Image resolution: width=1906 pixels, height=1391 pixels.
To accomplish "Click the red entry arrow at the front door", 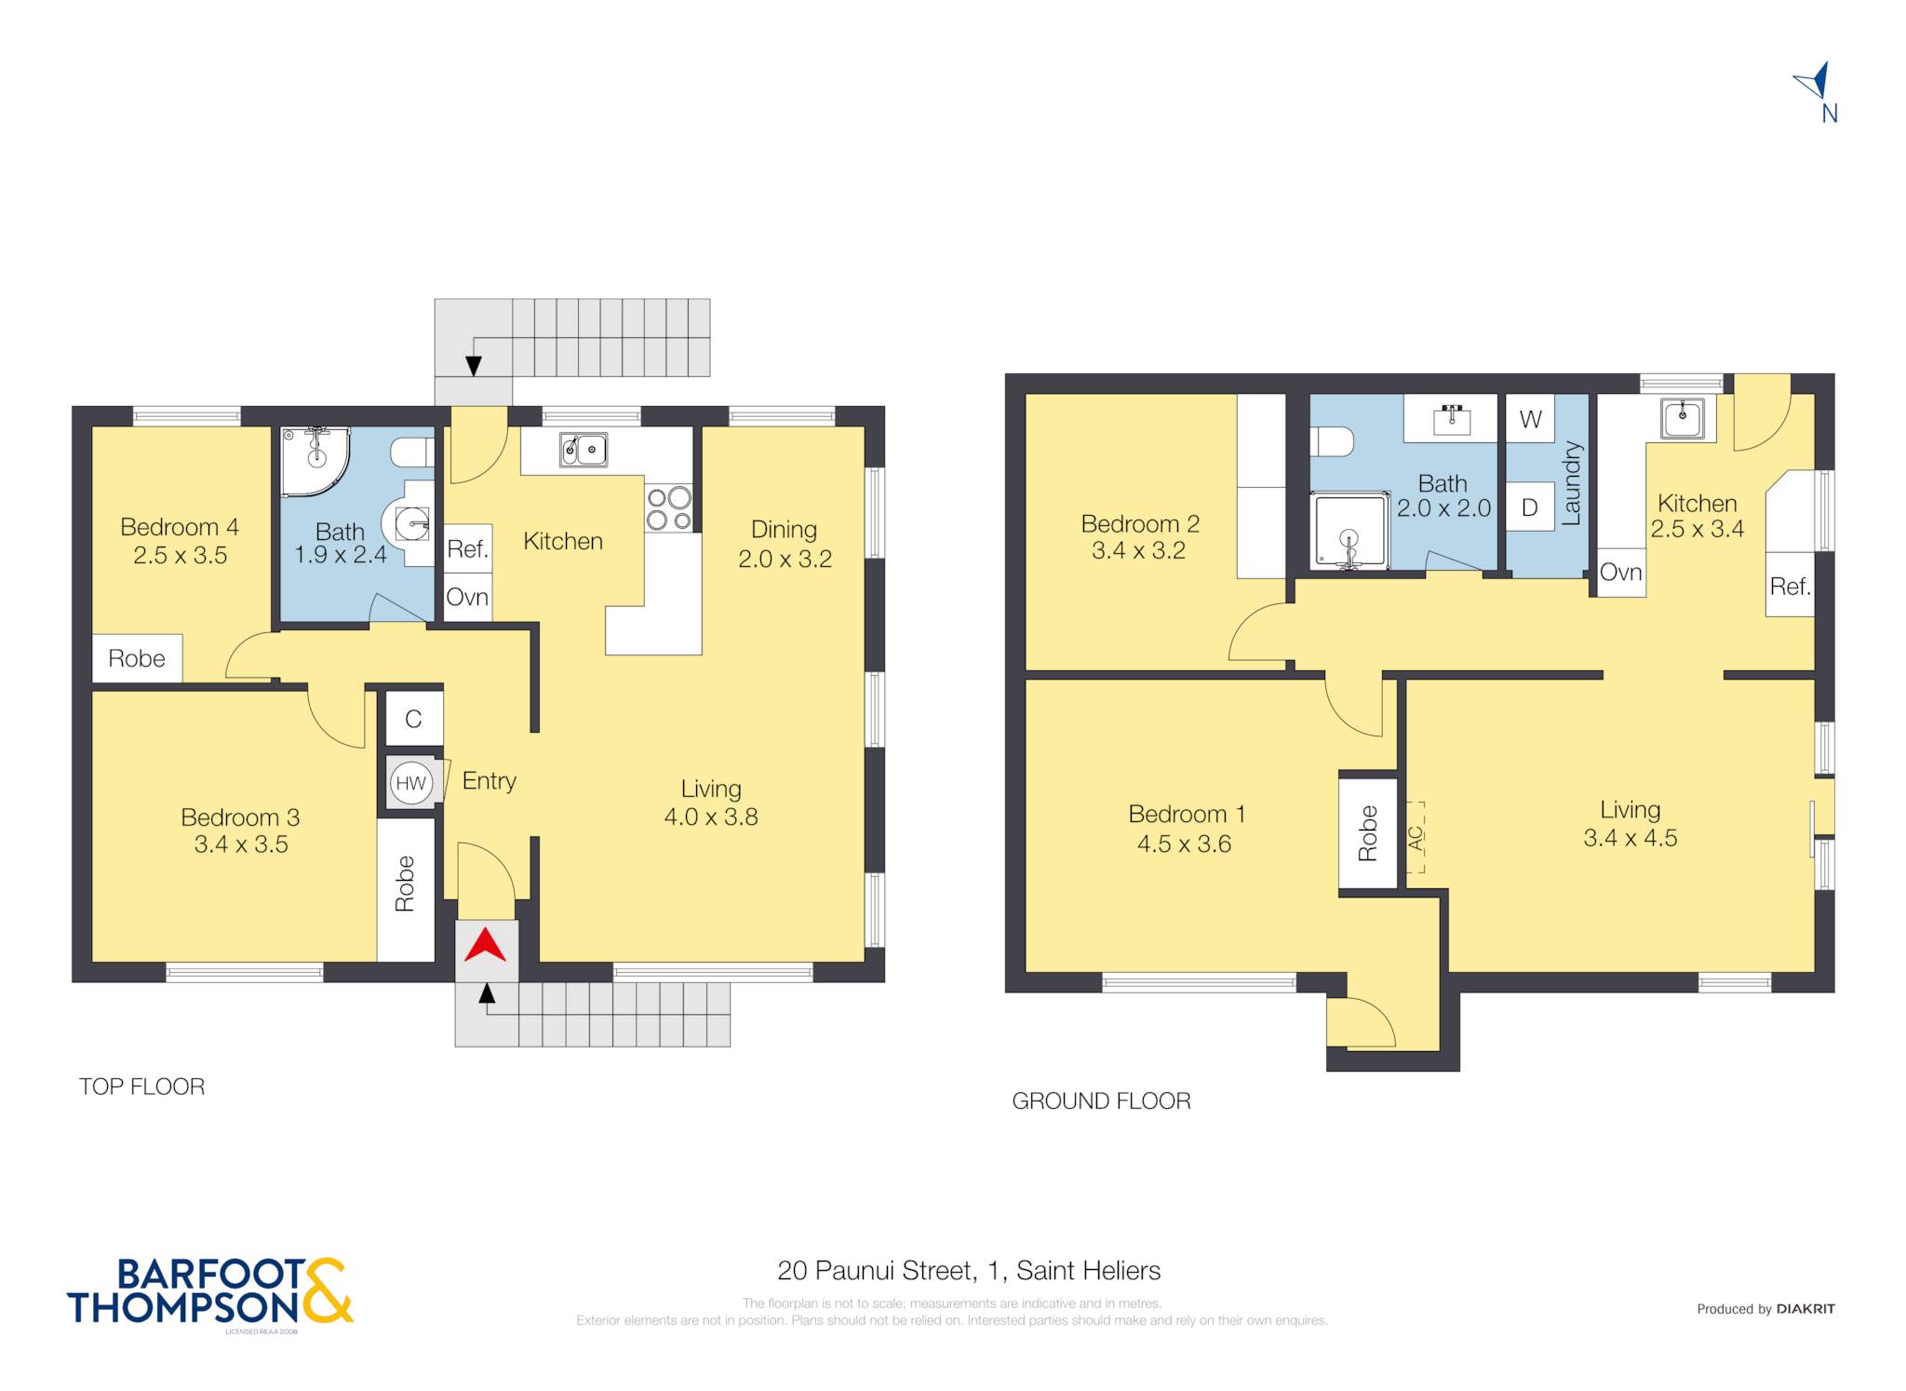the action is coord(485,946).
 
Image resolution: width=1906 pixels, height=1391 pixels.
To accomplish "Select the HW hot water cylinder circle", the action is coord(410,783).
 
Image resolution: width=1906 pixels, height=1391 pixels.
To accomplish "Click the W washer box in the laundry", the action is coord(1530,419).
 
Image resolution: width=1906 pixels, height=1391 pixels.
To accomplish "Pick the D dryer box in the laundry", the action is coord(1530,507).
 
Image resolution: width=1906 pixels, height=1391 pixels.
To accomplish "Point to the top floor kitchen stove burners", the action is coord(669,508).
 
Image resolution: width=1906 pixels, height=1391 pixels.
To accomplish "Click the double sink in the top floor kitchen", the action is coord(584,450).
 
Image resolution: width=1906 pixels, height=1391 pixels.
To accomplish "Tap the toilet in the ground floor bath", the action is coord(1331,441).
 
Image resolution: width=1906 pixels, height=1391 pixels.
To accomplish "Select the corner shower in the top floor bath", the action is coord(315,461).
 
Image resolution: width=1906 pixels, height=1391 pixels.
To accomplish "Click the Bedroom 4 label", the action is coord(180,527).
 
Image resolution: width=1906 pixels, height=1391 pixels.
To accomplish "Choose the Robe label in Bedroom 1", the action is coord(1367,833).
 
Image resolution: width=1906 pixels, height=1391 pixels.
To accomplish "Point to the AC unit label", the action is coord(1416,838).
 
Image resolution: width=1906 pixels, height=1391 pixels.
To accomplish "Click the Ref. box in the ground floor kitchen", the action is coord(1791,586).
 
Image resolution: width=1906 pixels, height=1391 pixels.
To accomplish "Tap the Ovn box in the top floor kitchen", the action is coord(467,597).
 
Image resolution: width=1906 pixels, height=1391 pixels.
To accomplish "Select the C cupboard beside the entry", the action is coord(414,718).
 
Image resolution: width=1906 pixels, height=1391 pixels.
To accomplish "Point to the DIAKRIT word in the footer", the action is coord(1805,1308).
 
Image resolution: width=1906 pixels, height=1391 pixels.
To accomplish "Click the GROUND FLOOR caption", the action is coord(1101,1101).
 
